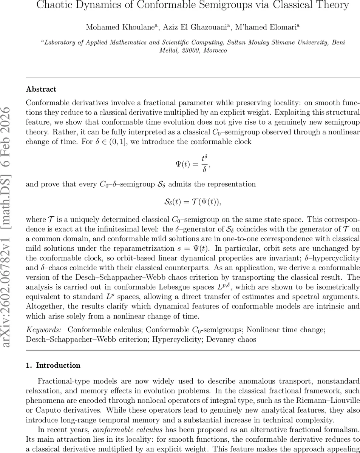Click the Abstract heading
(x=41, y=89)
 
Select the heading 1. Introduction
(x=53, y=365)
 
